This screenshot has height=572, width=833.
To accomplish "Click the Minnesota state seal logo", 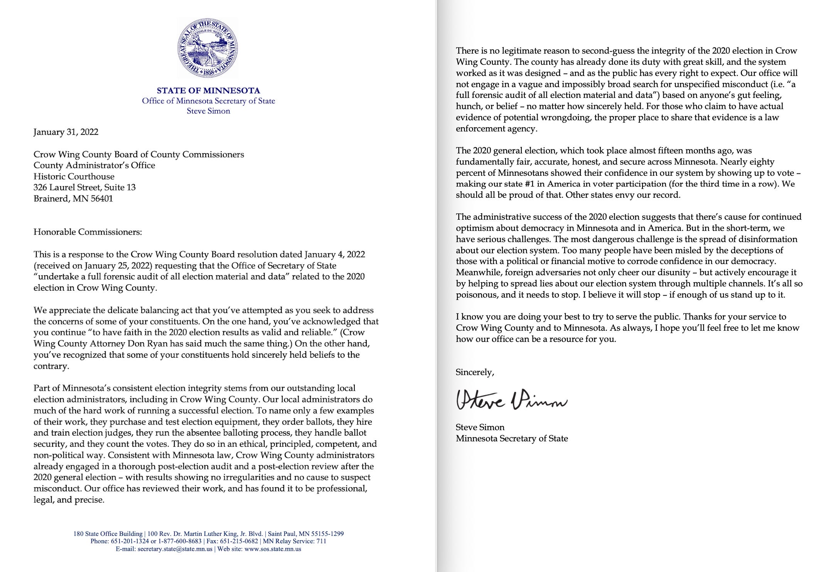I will pos(207,48).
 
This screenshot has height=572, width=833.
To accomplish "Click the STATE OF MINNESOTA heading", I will pos(208,91).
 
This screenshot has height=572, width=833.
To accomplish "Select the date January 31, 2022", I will pos(66,132).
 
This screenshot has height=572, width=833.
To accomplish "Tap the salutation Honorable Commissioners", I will pos(88,232).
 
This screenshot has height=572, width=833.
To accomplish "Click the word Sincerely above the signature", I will pos(475,372).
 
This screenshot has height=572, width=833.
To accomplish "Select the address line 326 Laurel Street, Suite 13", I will pos(84,188).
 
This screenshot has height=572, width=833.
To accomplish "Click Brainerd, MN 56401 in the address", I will pos(73,199).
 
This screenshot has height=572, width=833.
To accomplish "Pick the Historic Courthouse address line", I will pos(74,177).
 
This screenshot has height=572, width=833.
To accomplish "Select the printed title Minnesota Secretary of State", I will pos(512,439).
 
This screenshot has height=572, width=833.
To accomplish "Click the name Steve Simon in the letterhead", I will pos(208,111).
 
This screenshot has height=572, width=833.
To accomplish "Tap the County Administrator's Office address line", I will pos(94,166).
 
